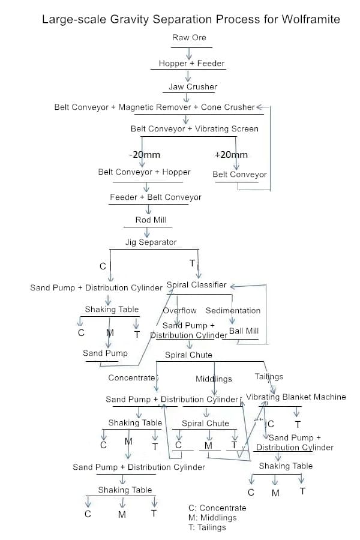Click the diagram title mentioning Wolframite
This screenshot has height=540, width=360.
click(x=191, y=20)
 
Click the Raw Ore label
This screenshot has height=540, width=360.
click(x=189, y=38)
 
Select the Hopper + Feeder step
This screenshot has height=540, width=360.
click(x=191, y=63)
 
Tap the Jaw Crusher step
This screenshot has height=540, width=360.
click(x=193, y=86)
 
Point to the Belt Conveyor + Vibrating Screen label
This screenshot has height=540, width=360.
click(x=194, y=128)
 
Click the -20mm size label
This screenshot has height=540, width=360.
click(x=145, y=154)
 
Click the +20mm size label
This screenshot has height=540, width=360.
click(x=230, y=154)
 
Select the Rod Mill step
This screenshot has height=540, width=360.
click(x=151, y=220)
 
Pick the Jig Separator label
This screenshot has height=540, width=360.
click(x=151, y=242)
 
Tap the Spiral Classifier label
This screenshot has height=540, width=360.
click(x=196, y=285)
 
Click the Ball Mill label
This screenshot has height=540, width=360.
click(x=244, y=331)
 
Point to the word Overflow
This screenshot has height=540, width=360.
click(x=180, y=310)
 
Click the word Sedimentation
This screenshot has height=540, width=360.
click(x=233, y=310)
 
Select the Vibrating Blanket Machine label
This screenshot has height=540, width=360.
click(x=296, y=397)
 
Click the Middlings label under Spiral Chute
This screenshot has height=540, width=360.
click(x=214, y=379)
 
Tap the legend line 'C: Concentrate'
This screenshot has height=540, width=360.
click(x=217, y=508)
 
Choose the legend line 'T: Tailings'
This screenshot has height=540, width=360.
click(x=207, y=527)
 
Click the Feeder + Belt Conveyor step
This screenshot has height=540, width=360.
click(x=155, y=197)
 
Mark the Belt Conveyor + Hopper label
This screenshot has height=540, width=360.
click(x=144, y=172)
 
